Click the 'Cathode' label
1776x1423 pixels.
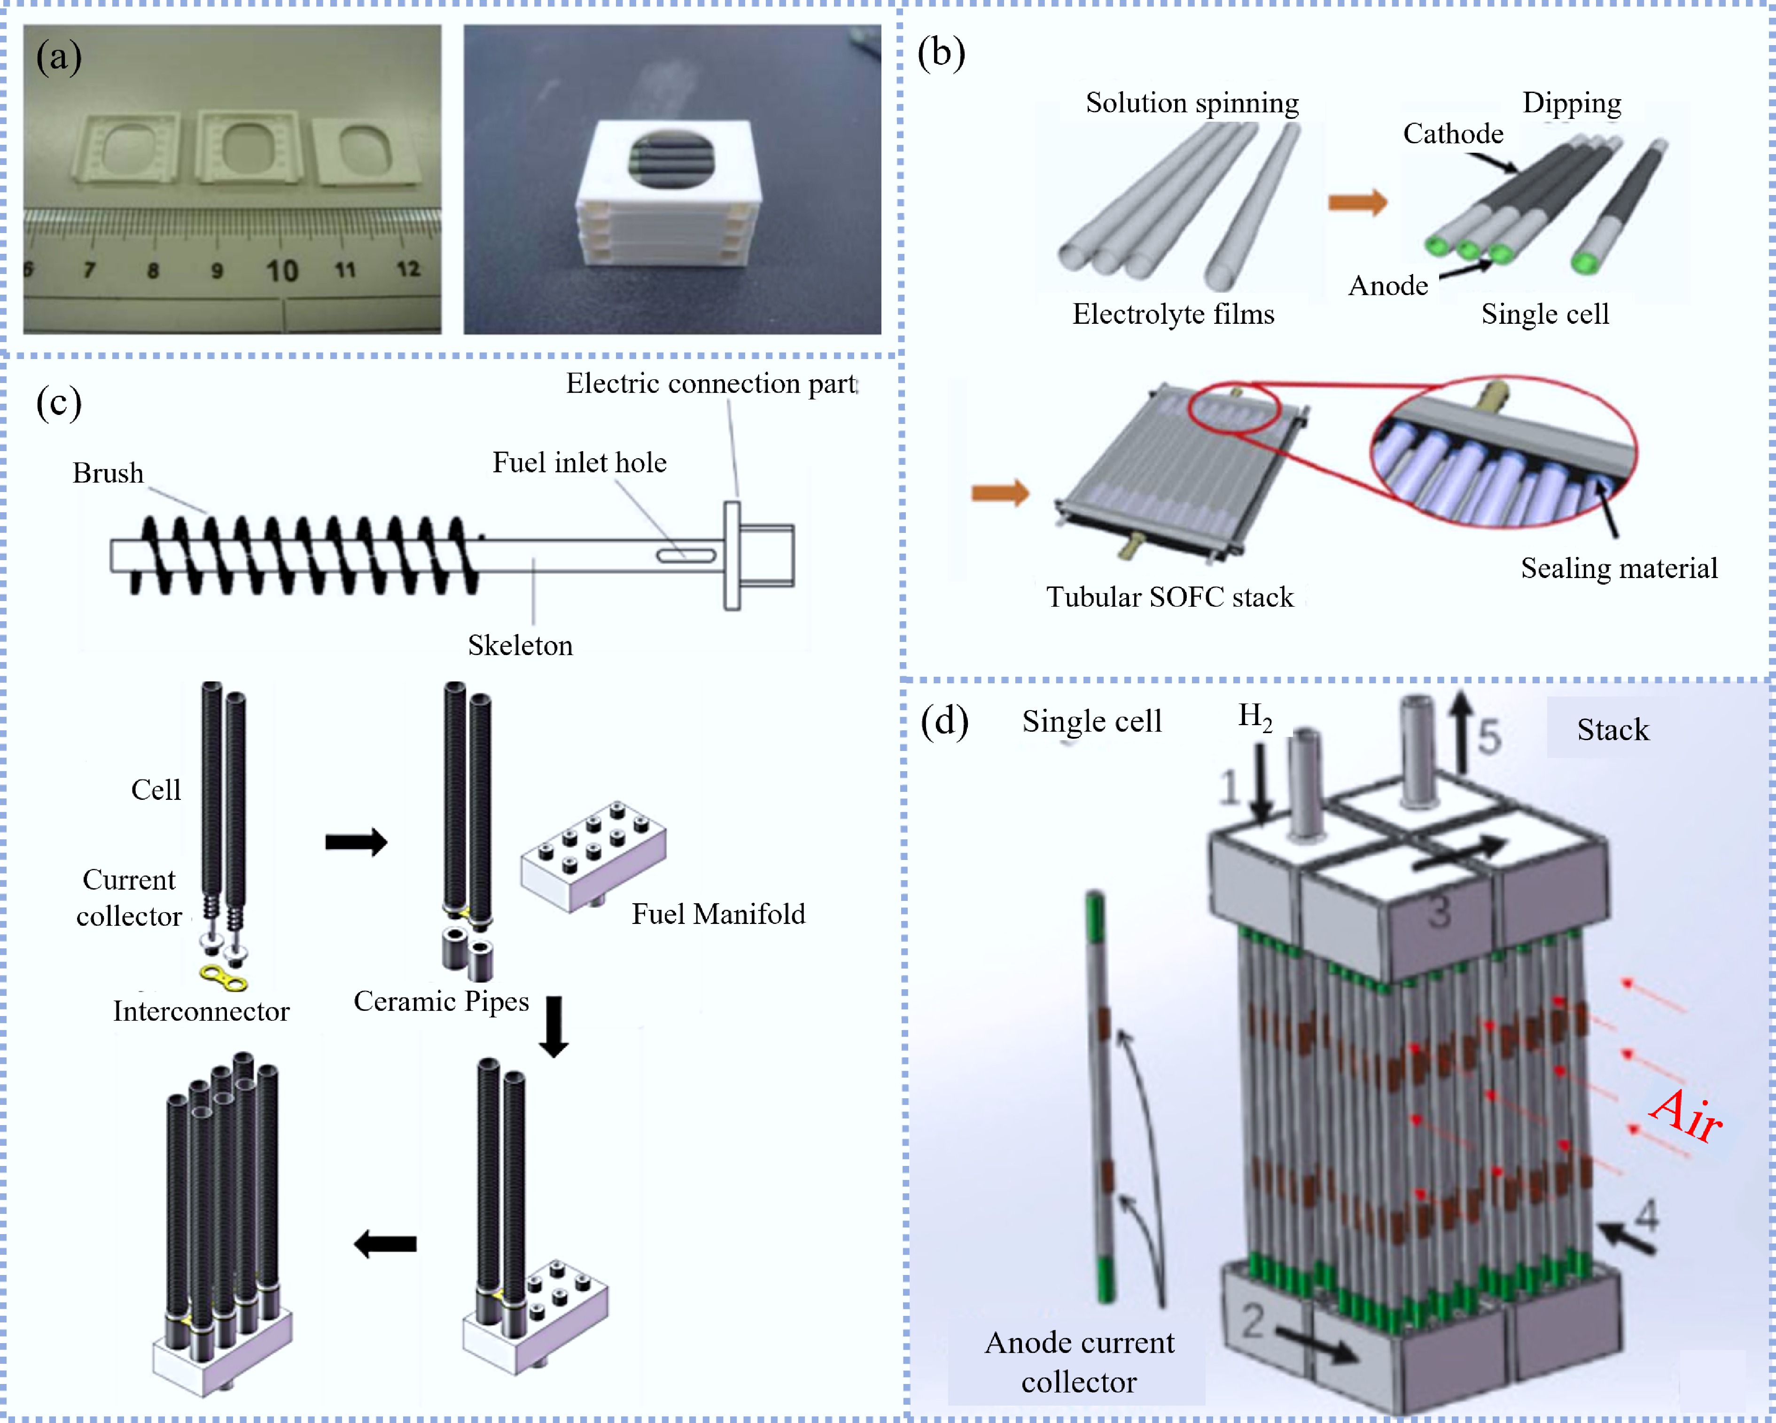click(x=1453, y=133)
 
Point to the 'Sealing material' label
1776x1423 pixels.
click(x=1619, y=569)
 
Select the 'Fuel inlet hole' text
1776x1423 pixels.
click(x=579, y=463)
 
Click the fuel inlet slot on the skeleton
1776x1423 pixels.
click(x=685, y=556)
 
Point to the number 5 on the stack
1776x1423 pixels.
click(x=1488, y=736)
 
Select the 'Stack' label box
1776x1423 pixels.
click(x=1613, y=730)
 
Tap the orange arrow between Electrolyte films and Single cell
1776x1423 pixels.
click(x=1357, y=202)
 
